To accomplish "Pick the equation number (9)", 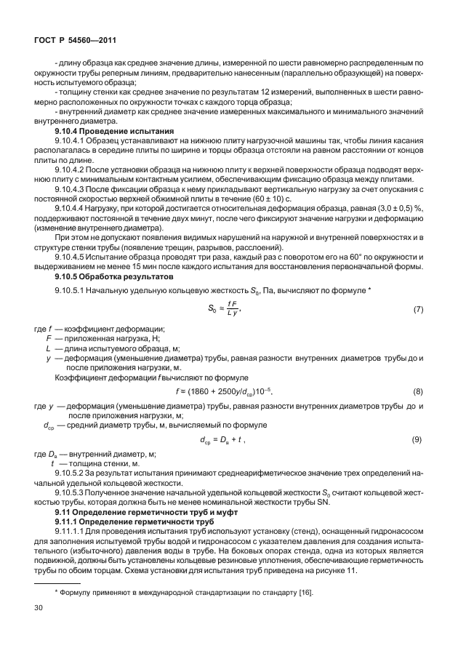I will click(x=418, y=440).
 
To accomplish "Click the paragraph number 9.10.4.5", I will click(x=72, y=256).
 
